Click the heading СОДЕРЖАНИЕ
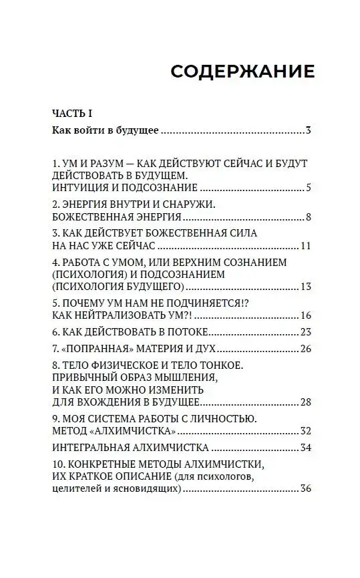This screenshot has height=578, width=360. pos(242,71)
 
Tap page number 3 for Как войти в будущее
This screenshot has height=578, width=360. pos(309,130)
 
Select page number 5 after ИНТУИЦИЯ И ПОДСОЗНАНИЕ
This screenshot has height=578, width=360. pos(309,188)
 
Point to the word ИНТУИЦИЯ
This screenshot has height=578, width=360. pos(79,188)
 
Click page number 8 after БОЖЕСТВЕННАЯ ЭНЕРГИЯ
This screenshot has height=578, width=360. pos(309,217)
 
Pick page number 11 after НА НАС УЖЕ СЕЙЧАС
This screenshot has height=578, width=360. pos(306,246)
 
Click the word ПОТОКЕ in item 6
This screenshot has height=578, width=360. pos(187,332)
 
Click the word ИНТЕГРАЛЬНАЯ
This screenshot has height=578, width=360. pos(92,448)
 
